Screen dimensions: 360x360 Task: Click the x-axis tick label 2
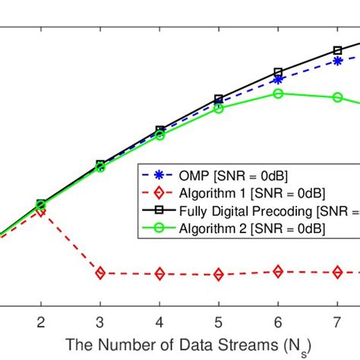pyautogui.click(x=40, y=321)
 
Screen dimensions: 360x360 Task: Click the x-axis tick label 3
pyautogui.click(x=99, y=321)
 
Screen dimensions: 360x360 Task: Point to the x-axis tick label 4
pyautogui.click(x=159, y=321)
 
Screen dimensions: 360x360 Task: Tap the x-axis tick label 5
pyautogui.click(x=219, y=321)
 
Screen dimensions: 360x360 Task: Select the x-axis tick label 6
pyautogui.click(x=278, y=321)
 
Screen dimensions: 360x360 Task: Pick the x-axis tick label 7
pyautogui.click(x=337, y=321)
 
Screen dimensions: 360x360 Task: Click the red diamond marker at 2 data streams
pyautogui.click(x=40, y=212)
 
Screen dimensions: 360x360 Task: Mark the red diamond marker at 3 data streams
pyautogui.click(x=99, y=273)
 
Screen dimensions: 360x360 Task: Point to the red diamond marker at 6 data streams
pyautogui.click(x=278, y=271)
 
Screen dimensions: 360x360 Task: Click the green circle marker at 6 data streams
pyautogui.click(x=278, y=93)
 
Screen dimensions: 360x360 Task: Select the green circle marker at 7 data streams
pyautogui.click(x=337, y=97)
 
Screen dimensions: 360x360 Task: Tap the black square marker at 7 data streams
pyautogui.click(x=337, y=51)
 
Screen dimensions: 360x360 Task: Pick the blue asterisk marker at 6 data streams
pyautogui.click(x=278, y=79)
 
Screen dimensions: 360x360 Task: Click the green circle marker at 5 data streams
pyautogui.click(x=219, y=109)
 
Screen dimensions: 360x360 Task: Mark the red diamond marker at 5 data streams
pyautogui.click(x=219, y=274)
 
